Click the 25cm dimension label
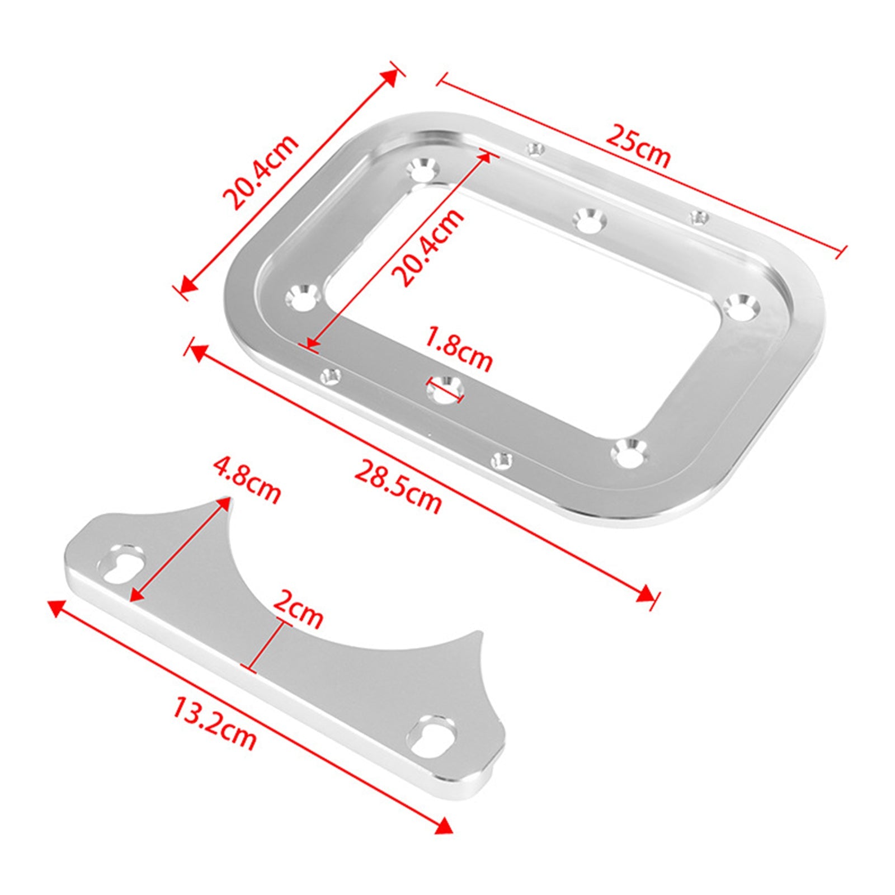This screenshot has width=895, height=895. coord(638,145)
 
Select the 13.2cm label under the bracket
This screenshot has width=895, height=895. coord(214,722)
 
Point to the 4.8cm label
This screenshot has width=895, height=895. coord(247,481)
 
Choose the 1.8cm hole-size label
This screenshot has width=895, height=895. coord(458,350)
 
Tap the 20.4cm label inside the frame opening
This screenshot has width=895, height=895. coord(428,247)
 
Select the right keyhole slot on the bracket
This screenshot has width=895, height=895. coord(433,736)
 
